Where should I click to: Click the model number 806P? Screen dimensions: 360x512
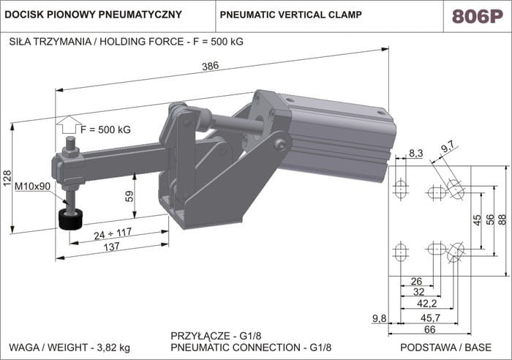[x=476, y=16]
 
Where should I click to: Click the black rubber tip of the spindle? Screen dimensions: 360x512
[x=71, y=220]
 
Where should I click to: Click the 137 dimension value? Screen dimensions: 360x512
[x=111, y=247]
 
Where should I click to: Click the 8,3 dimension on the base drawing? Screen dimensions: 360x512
[x=416, y=152]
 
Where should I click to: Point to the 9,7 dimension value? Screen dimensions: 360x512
[x=447, y=147]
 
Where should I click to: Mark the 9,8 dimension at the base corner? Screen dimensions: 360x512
[x=378, y=318]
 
